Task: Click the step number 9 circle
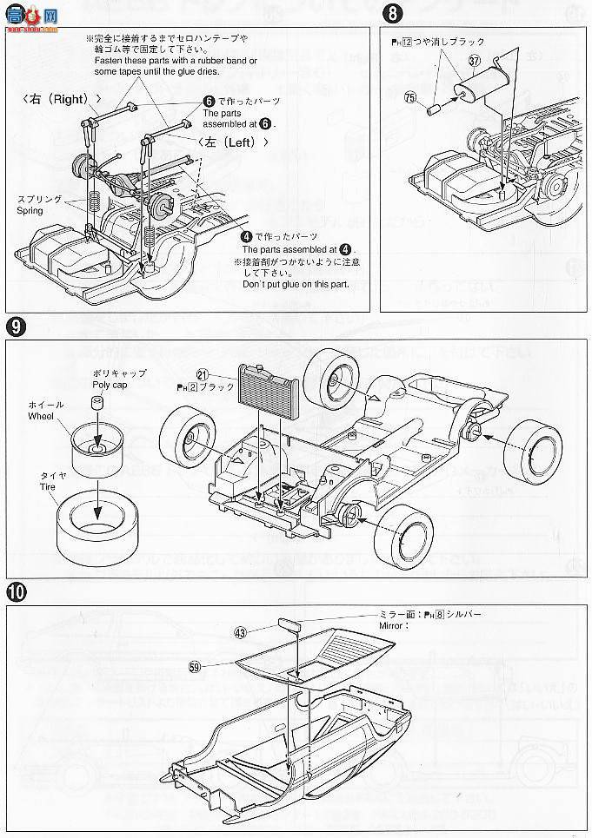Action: click(16, 327)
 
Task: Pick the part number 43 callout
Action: click(240, 632)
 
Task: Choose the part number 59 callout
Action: click(196, 667)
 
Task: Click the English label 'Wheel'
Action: click(40, 417)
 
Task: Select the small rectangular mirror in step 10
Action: click(289, 624)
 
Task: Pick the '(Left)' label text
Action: click(230, 142)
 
